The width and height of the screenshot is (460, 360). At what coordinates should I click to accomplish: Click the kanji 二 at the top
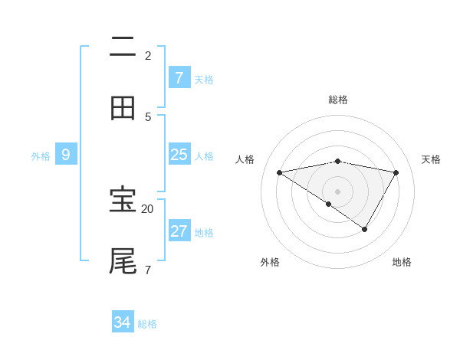123,47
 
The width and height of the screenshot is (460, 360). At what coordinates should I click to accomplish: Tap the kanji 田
123,108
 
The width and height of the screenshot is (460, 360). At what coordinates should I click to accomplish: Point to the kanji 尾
123,260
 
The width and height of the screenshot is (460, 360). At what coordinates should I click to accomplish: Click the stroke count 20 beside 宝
147,208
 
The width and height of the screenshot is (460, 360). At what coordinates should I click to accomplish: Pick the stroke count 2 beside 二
147,55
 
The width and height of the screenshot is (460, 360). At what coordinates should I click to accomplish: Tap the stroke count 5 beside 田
147,116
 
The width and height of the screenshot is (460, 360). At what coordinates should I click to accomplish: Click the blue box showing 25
179,155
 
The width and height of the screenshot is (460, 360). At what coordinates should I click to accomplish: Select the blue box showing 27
179,231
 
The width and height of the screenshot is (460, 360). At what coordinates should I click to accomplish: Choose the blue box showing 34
122,322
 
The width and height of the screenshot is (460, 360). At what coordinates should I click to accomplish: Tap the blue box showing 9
66,155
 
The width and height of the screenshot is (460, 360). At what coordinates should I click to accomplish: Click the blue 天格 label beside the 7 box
204,79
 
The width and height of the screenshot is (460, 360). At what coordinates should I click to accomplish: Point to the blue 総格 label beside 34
147,324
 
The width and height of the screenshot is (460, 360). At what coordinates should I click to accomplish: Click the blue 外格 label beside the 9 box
41,156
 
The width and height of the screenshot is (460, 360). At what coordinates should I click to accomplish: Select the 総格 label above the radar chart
338,100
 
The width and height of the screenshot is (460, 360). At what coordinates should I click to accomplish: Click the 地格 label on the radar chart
402,262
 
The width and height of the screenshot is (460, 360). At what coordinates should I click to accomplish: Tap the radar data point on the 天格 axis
396,173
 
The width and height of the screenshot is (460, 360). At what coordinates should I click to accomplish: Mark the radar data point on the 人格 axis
279,173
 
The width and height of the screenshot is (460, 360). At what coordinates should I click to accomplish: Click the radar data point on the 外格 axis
328,205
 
